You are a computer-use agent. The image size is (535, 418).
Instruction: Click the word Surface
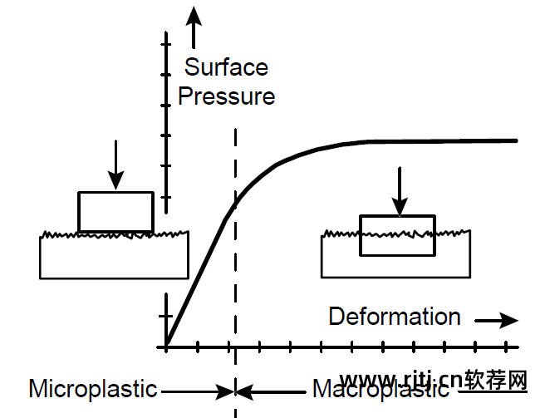(226, 67)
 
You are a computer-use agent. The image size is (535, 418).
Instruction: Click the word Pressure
(226, 96)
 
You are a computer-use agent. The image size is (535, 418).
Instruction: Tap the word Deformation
(395, 317)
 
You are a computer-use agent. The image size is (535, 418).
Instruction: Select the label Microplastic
(93, 388)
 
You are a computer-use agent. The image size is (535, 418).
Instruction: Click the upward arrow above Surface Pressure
(194, 25)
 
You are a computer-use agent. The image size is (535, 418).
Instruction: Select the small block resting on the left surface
(115, 211)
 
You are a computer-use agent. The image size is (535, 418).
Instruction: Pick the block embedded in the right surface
(397, 234)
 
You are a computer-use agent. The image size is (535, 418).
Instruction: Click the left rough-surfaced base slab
(114, 258)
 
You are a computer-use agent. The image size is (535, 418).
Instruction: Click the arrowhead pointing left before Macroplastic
(246, 389)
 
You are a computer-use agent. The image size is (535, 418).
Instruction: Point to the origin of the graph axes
(166, 346)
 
